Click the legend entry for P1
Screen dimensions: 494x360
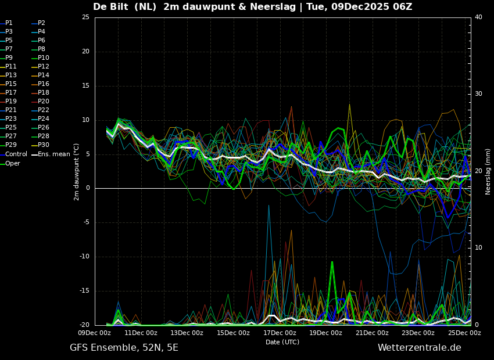[6, 23]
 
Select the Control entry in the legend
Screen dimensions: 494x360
[13, 154]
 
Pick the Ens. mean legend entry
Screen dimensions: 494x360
[51, 154]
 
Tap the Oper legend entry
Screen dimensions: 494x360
[10, 163]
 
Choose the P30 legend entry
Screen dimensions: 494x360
[39, 145]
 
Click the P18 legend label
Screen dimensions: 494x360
[40, 92]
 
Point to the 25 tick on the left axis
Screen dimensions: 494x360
[85, 17]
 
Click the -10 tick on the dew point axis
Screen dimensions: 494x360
[84, 257]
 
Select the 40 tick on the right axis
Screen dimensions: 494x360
[478, 17]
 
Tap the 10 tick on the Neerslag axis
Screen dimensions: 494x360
[478, 248]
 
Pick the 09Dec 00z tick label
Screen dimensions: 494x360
[95, 333]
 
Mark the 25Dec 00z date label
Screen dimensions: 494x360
[465, 333]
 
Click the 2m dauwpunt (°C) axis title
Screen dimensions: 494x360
[77, 172]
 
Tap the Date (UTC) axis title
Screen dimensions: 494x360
[282, 342]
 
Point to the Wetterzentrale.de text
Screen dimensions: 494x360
[420, 348]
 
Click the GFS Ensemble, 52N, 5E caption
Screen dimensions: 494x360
[124, 348]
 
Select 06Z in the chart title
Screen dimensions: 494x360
[403, 6]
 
